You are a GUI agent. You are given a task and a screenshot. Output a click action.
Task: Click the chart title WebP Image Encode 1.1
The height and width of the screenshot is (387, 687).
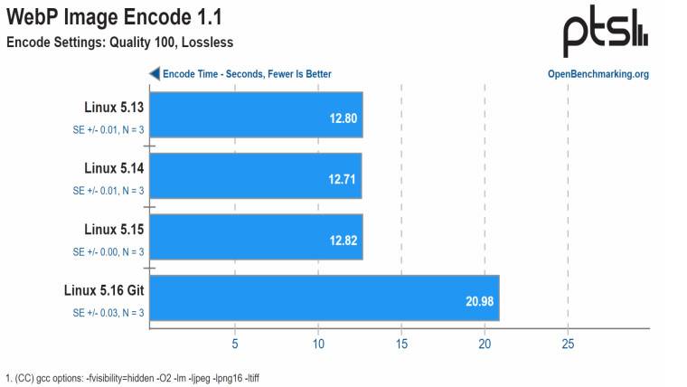tap(114, 17)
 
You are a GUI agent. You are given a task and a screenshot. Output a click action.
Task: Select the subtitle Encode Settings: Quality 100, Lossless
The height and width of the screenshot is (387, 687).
tap(119, 42)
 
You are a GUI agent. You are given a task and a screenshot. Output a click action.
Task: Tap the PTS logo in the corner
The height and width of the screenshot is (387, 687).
tap(605, 34)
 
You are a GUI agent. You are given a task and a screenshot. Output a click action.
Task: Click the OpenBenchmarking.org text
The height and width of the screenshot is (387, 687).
tap(598, 74)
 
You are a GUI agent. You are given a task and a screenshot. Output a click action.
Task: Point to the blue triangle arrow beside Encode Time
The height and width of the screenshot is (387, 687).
tap(155, 74)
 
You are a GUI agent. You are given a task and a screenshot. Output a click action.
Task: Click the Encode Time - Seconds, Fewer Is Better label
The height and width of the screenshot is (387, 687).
tap(247, 74)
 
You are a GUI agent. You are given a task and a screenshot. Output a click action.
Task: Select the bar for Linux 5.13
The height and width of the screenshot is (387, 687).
tap(255, 115)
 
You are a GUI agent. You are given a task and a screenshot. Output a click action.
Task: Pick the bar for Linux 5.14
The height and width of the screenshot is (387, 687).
tap(255, 175)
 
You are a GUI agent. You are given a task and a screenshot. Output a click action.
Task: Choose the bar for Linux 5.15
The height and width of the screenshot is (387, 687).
tap(255, 237)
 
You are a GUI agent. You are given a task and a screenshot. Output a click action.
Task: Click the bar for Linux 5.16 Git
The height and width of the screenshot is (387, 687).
tap(323, 298)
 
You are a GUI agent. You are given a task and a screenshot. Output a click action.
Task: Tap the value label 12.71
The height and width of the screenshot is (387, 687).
tap(343, 178)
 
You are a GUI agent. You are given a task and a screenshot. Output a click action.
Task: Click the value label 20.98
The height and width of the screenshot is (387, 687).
tap(479, 301)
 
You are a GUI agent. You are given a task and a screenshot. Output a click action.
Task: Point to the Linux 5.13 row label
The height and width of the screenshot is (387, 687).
tap(114, 107)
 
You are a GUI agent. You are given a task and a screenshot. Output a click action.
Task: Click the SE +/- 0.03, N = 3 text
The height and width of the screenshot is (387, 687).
tap(108, 313)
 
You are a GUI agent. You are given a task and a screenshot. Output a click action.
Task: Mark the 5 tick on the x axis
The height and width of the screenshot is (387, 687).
tap(235, 344)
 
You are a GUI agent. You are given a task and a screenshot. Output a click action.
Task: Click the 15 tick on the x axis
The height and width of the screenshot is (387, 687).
tap(401, 344)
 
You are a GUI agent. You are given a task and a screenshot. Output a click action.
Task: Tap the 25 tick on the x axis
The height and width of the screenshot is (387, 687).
tap(568, 344)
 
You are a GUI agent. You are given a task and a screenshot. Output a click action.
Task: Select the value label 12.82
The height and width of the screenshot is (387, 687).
tap(343, 240)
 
